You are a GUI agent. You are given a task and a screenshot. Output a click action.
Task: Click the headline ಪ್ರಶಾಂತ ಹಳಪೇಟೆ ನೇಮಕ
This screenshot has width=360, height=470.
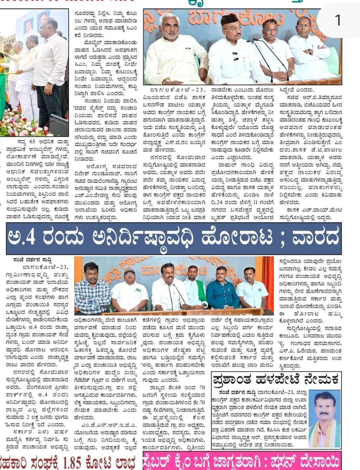click(275, 380)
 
